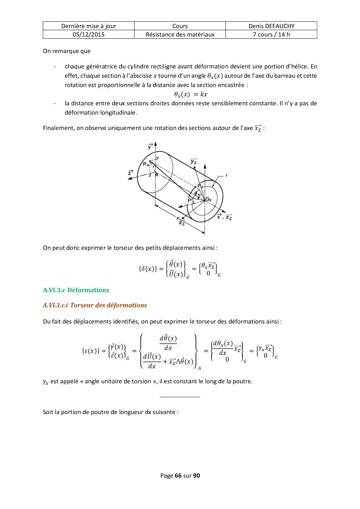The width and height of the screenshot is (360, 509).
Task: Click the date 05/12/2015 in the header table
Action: click(x=89, y=35)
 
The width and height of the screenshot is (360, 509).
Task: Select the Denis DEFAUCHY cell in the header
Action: click(x=271, y=26)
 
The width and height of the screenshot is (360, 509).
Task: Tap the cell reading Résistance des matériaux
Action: click(x=180, y=35)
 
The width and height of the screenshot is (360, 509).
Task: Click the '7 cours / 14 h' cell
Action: click(x=271, y=35)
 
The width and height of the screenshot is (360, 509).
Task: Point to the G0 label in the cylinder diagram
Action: click(x=208, y=199)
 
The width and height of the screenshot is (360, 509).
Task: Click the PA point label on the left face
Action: click(x=146, y=164)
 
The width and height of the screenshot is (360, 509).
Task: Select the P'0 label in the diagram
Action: click(x=191, y=201)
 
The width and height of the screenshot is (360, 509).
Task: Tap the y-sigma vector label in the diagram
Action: click(x=194, y=162)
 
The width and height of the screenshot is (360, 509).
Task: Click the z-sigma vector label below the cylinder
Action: click(x=182, y=223)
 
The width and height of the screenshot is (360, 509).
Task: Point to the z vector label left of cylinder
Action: click(x=131, y=173)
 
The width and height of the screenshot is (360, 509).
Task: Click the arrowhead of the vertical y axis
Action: click(x=156, y=144)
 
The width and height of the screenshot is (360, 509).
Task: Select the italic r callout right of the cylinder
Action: click(x=226, y=176)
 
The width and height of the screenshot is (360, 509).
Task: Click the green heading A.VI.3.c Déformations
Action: click(x=76, y=290)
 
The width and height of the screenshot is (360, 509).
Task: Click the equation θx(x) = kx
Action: click(x=190, y=94)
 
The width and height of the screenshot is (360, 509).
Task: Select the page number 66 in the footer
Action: click(x=178, y=476)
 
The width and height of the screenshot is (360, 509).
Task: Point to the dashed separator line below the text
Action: click(x=180, y=397)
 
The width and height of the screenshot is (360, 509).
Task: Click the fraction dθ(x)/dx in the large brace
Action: click(x=168, y=343)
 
